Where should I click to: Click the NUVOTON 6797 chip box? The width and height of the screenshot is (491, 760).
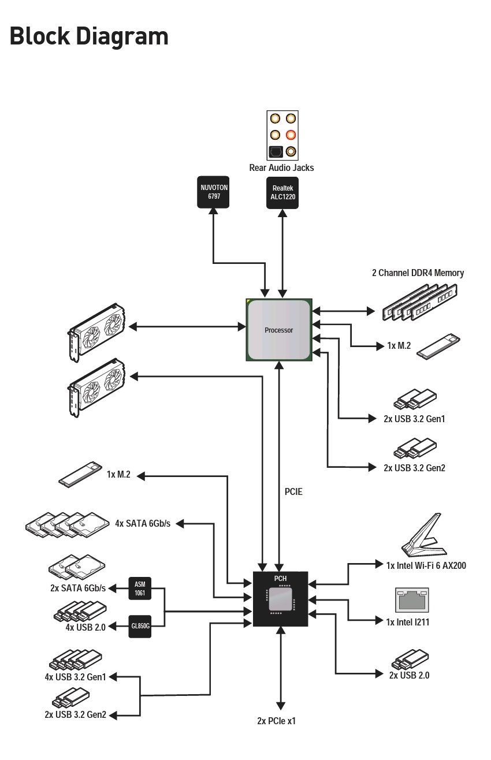click(213, 192)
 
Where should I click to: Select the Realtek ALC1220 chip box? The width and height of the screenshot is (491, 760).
click(282, 193)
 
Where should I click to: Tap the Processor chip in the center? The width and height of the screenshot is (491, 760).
click(279, 330)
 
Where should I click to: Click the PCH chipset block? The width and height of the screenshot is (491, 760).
click(281, 599)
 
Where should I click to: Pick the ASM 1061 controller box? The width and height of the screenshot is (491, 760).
click(140, 588)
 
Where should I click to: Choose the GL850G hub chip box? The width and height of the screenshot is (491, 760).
click(140, 626)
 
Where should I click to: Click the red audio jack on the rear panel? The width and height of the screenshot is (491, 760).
click(291, 135)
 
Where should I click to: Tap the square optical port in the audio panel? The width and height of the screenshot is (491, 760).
click(275, 152)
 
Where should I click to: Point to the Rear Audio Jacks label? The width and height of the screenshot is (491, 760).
click(282, 167)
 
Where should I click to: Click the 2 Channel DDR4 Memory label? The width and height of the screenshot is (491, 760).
click(418, 273)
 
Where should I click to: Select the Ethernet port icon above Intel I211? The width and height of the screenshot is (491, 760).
click(412, 600)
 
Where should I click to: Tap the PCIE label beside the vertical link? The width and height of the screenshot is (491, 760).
click(293, 491)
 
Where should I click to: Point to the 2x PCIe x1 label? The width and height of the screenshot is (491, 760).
click(276, 721)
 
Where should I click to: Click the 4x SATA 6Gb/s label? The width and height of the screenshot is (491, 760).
click(143, 524)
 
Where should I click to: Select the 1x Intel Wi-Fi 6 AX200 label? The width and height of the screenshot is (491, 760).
click(426, 565)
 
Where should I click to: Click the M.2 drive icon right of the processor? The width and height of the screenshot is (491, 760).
click(438, 347)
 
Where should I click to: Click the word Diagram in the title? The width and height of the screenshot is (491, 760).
click(122, 36)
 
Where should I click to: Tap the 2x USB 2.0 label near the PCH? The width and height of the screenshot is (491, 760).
click(409, 675)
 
